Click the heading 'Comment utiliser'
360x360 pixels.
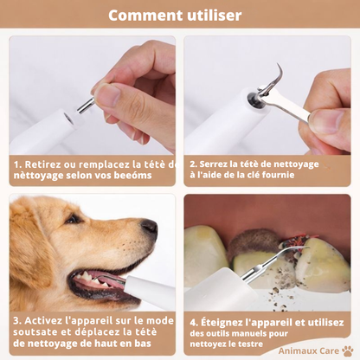pos(179,16)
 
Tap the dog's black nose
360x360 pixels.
pos(150,228)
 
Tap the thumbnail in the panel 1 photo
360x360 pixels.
pos(108,93)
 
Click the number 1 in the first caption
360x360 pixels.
pos(16,162)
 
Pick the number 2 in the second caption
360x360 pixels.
pos(191,162)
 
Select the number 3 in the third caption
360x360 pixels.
pos(16,319)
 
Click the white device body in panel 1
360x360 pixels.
pos(39,130)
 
